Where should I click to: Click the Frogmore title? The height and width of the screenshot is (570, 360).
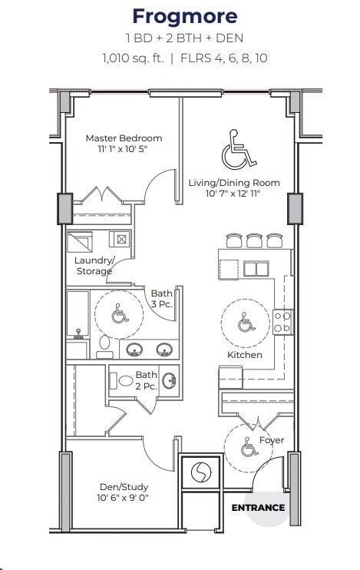[185, 17]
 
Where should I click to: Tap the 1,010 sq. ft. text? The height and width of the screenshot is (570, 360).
[133, 58]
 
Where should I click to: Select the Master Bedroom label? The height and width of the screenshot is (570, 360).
[124, 138]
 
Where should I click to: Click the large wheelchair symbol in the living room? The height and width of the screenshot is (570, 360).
[239, 149]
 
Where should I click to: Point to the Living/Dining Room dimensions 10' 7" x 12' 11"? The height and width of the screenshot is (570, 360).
[233, 193]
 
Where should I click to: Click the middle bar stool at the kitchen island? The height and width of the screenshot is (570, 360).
[254, 240]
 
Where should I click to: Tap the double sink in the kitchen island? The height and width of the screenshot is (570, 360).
[256, 269]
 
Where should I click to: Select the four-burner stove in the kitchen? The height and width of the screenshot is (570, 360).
[282, 322]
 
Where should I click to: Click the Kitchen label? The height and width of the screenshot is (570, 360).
[245, 355]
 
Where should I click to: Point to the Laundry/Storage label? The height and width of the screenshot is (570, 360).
[94, 266]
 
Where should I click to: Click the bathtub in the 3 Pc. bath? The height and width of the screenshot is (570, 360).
[78, 314]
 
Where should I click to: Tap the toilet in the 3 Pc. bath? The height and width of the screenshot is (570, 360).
[104, 346]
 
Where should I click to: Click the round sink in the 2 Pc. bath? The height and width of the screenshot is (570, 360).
[169, 380]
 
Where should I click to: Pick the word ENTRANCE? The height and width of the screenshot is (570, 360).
[258, 508]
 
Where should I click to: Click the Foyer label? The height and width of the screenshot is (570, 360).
[272, 440]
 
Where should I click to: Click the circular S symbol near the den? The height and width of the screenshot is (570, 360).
[201, 472]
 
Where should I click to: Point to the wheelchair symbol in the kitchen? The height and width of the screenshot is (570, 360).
[246, 322]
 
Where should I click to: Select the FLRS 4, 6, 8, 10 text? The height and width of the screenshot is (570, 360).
[224, 58]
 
